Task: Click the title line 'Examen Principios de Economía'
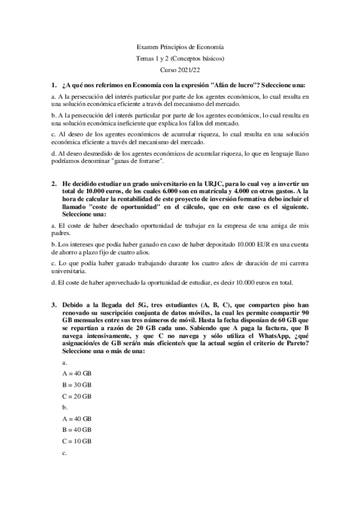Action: [180, 47]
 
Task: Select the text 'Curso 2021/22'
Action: [180, 70]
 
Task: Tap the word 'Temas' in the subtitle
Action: [146, 59]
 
